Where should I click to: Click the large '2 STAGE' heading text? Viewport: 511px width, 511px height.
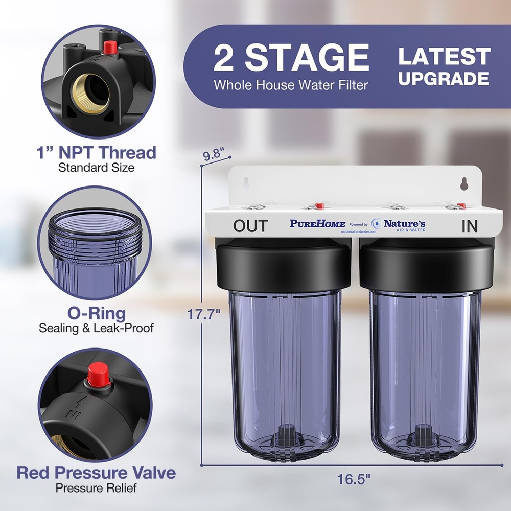(291, 57)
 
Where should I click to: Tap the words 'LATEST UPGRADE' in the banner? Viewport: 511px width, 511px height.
(444, 67)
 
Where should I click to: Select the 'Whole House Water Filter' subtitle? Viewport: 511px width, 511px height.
(291, 85)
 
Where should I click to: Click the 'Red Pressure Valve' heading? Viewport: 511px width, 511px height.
(96, 472)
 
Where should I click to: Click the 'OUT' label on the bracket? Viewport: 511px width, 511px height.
(250, 226)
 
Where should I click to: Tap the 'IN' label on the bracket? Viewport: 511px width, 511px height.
(469, 226)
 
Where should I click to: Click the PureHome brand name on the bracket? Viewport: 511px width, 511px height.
(317, 224)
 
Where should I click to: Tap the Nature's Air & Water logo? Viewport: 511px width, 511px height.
(399, 225)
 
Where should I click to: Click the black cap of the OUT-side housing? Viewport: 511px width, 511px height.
(284, 266)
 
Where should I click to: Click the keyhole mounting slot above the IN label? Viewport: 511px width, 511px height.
(464, 183)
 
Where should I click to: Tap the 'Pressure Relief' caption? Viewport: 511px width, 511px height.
(96, 488)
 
